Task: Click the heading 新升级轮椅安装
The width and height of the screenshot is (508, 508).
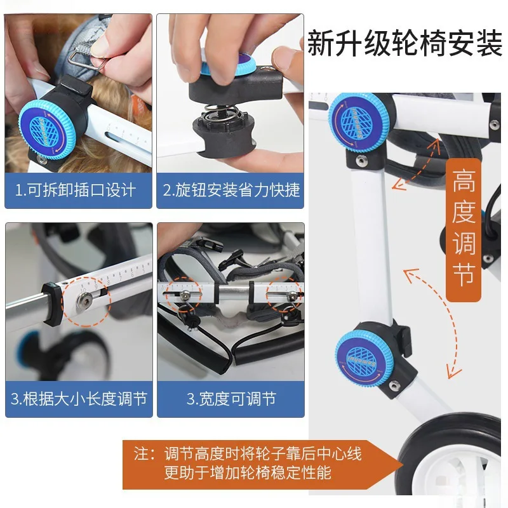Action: (x=405, y=43)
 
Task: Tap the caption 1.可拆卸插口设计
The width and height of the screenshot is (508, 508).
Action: (x=76, y=190)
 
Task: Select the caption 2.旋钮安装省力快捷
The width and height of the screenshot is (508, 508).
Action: (x=231, y=190)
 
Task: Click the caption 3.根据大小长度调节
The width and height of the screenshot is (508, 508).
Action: (x=79, y=399)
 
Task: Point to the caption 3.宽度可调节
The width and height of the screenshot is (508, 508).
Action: (x=231, y=399)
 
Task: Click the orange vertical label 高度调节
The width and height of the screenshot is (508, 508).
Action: (x=464, y=229)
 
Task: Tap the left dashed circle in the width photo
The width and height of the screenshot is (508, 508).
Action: (x=184, y=295)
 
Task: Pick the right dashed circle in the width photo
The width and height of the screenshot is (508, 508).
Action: (x=284, y=295)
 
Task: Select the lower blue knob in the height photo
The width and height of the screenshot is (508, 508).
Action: (x=364, y=359)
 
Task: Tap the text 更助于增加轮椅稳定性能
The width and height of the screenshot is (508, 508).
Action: (x=248, y=472)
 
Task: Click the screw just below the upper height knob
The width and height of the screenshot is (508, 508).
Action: (x=361, y=159)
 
